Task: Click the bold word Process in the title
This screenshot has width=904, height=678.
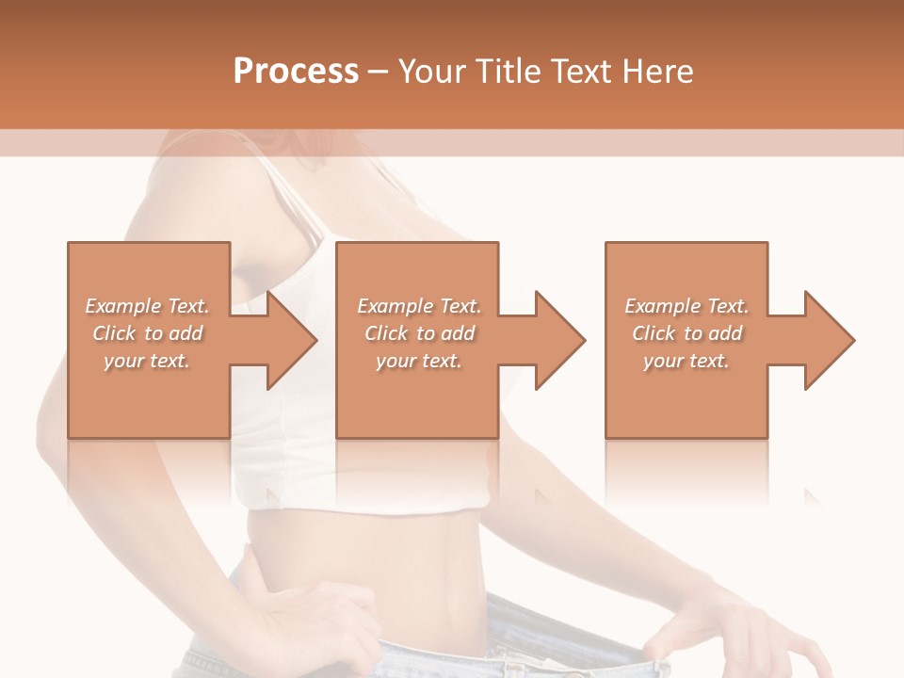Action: click(x=296, y=72)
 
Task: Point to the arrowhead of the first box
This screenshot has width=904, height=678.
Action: click(x=291, y=341)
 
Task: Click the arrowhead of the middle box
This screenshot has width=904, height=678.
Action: click(x=560, y=341)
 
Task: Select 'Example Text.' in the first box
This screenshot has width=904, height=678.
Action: click(x=147, y=306)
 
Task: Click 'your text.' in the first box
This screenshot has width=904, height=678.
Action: click(x=147, y=361)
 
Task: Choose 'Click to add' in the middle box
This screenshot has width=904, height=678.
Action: click(x=419, y=333)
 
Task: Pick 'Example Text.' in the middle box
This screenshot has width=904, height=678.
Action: click(x=419, y=306)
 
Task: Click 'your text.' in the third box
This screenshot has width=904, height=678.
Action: click(x=686, y=361)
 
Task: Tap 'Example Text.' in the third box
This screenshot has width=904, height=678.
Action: click(x=686, y=306)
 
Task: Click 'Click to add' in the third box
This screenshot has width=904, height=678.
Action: click(x=686, y=333)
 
